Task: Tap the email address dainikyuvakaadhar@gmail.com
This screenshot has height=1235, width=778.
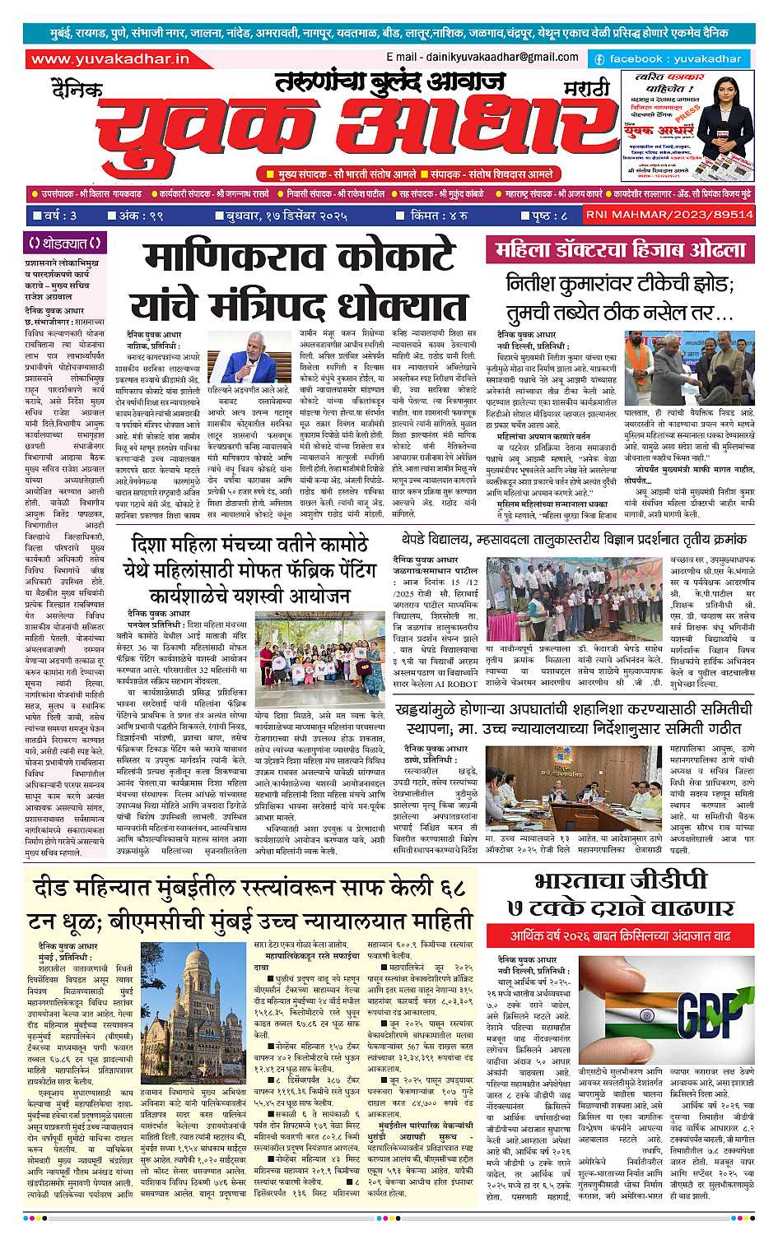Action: click(482, 57)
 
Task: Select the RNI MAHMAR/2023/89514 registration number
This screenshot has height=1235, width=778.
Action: click(669, 215)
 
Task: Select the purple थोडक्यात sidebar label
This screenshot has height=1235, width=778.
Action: click(64, 244)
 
